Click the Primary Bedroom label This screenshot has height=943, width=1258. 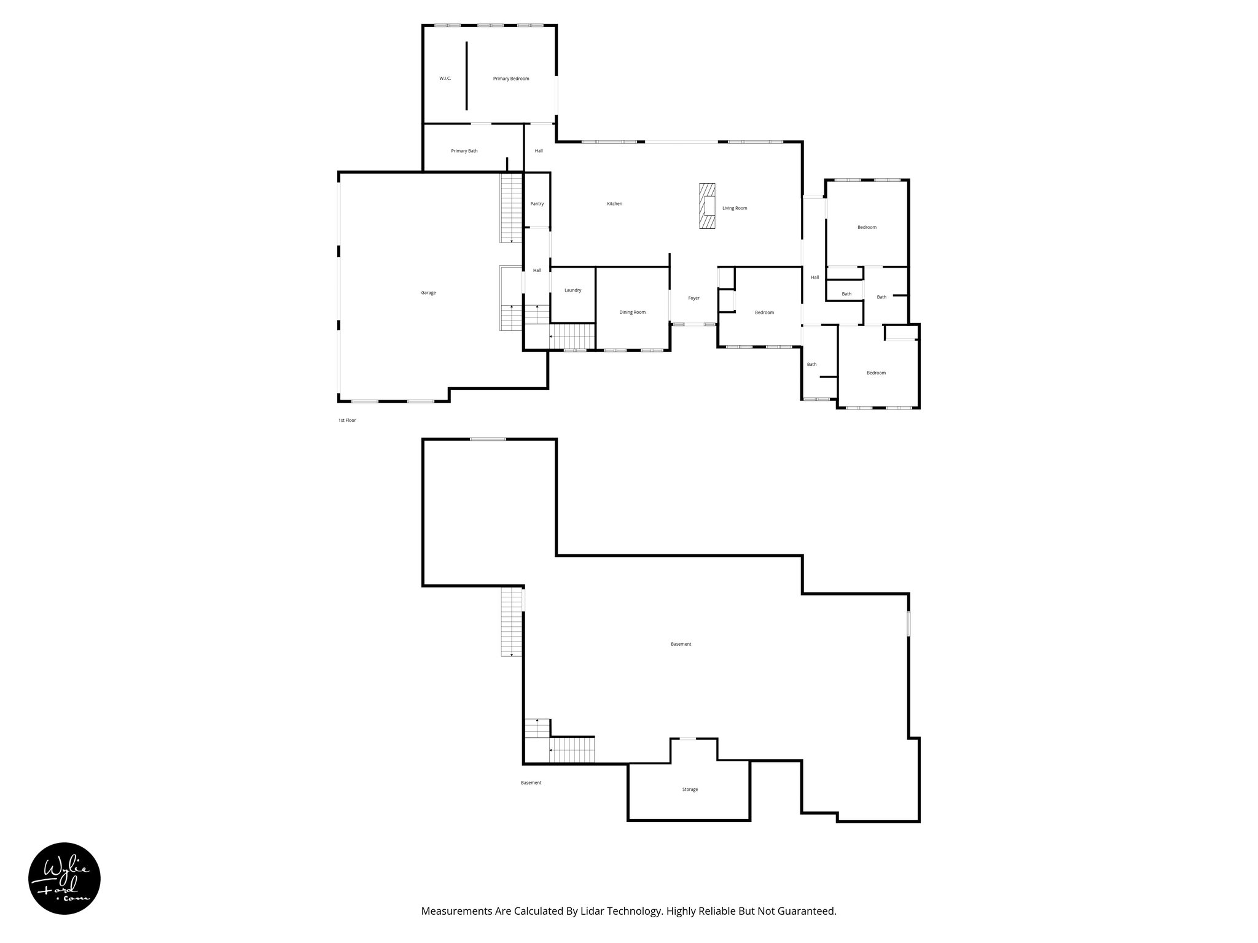click(510, 79)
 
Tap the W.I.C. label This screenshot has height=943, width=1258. click(445, 79)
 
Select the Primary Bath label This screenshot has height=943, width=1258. click(464, 151)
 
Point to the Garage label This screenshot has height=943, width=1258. click(428, 293)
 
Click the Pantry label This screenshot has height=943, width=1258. click(537, 204)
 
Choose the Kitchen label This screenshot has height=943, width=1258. click(614, 204)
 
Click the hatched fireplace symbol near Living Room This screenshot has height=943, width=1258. click(708, 206)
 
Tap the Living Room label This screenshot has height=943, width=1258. click(735, 208)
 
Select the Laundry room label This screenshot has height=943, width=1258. click(572, 290)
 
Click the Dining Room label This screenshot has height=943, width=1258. click(632, 312)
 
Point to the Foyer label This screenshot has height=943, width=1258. click(693, 298)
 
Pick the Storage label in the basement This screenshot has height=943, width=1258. click(690, 790)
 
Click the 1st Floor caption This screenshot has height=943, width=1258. click(347, 421)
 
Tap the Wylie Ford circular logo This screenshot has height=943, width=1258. click(64, 879)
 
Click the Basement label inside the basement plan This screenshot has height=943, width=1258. click(681, 644)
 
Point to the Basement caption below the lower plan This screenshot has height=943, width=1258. click(531, 783)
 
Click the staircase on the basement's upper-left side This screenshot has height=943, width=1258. click(511, 622)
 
